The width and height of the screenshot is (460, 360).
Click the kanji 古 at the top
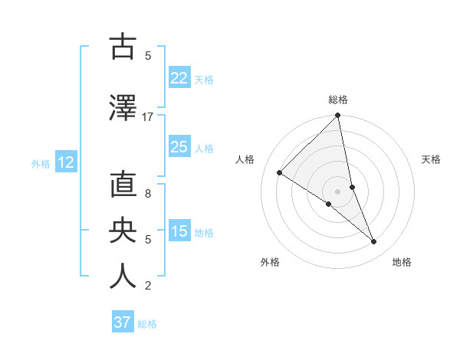click(x=123, y=47)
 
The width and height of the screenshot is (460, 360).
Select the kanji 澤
click(x=123, y=109)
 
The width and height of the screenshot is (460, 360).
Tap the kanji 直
click(x=123, y=187)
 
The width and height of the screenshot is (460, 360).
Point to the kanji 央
click(x=123, y=231)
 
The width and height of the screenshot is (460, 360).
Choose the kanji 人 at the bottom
click(x=123, y=277)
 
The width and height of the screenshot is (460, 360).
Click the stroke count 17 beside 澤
click(x=148, y=117)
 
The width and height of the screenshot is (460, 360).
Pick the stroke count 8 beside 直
click(x=148, y=194)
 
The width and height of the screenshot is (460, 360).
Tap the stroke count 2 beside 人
click(x=148, y=286)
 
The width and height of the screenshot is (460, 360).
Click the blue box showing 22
click(x=179, y=78)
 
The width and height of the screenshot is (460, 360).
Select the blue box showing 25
click(x=179, y=147)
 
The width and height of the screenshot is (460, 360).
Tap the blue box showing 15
click(x=179, y=231)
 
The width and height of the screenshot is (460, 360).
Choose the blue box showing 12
click(x=65, y=162)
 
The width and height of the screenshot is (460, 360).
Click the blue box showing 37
click(x=123, y=322)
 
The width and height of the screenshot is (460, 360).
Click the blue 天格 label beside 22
click(x=204, y=79)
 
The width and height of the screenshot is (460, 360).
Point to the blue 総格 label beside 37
click(x=147, y=324)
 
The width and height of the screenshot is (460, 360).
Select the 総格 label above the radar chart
click(x=337, y=100)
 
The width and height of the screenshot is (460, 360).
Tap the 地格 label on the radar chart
click(x=402, y=263)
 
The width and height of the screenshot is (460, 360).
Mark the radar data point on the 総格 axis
click(x=337, y=116)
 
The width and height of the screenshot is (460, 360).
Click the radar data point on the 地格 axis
click(x=374, y=241)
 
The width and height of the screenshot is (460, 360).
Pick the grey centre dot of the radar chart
click(x=337, y=191)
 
